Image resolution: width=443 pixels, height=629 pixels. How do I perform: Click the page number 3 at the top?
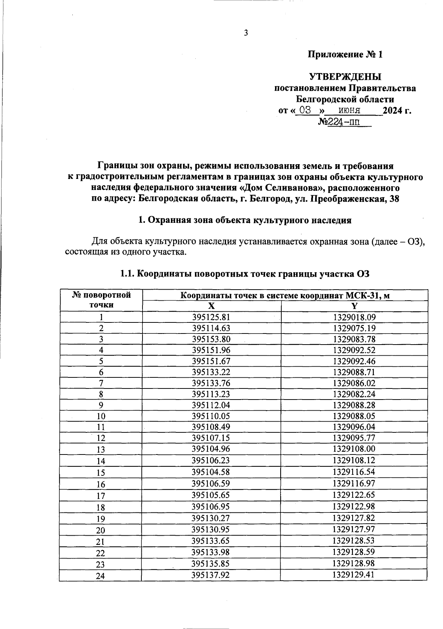coord(246,33)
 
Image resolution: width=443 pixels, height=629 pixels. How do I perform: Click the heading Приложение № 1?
coord(345,55)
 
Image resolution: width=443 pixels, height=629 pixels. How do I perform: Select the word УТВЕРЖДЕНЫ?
coord(345,77)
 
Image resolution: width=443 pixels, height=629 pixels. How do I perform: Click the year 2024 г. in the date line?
coord(397,110)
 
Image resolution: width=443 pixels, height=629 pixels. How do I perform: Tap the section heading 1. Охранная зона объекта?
coord(244,220)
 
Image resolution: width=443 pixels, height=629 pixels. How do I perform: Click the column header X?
coord(211,306)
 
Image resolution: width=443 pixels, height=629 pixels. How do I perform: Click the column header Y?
coord(354,306)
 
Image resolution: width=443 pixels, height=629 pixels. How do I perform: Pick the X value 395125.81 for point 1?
coord(211,317)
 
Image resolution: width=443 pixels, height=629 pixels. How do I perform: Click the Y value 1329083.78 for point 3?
coord(354,339)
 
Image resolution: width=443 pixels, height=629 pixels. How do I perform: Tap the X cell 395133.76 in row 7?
coord(211,383)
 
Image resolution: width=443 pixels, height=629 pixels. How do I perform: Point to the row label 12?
coord(101,438)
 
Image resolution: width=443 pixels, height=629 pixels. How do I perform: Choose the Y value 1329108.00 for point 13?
coord(354,449)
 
